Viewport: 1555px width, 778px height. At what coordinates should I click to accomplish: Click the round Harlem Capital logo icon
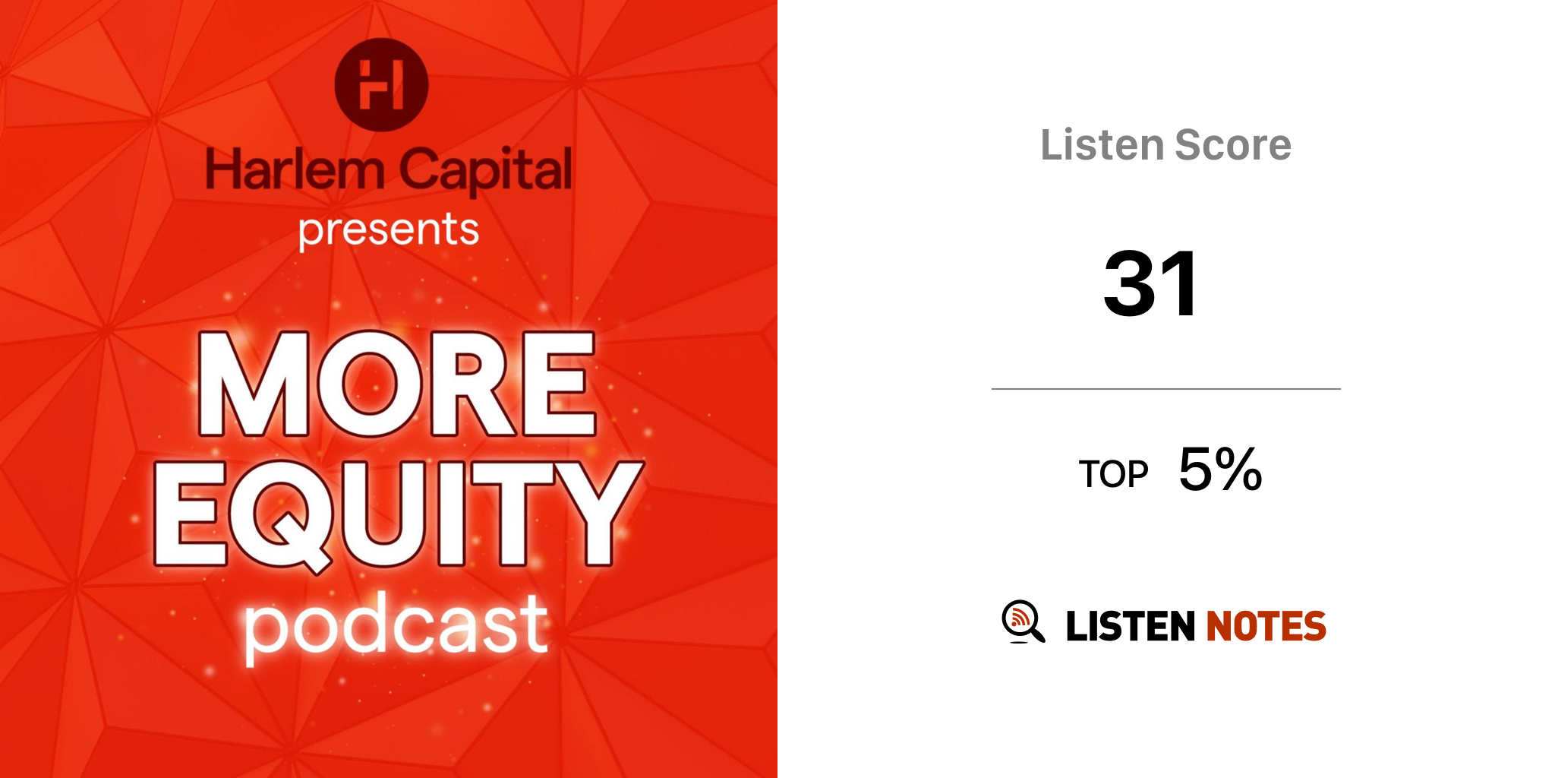click(381, 84)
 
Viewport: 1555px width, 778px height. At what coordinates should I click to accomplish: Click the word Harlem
click(295, 169)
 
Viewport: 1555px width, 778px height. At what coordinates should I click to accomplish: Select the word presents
click(389, 231)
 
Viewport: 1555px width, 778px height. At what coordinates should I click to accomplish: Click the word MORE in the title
click(396, 384)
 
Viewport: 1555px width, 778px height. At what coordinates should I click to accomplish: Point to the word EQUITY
click(399, 514)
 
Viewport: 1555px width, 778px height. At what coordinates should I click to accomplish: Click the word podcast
click(396, 628)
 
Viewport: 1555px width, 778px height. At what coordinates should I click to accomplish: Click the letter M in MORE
click(254, 384)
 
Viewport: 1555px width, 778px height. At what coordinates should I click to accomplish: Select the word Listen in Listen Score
click(1102, 144)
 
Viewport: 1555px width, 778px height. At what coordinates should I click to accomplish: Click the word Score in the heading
click(1232, 144)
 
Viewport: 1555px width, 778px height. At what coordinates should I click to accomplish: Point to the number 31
click(1151, 283)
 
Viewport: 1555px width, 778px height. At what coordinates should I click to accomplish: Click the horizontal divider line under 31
click(1166, 389)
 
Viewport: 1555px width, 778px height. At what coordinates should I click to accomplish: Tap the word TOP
click(1113, 474)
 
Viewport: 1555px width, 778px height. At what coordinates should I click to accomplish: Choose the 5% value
click(1220, 469)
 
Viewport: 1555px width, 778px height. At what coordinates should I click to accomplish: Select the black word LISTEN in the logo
click(1131, 626)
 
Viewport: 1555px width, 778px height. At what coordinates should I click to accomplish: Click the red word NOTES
click(1266, 626)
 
